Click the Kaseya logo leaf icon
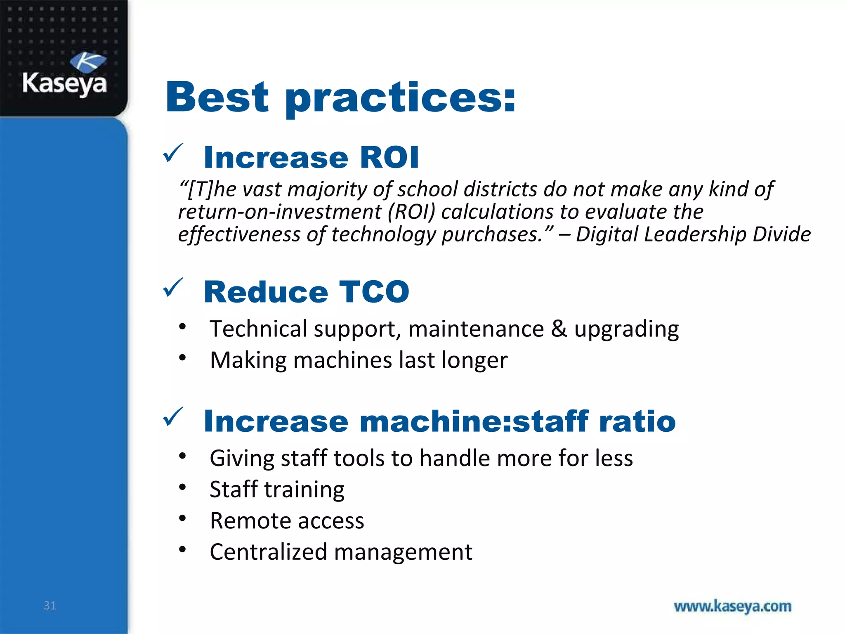88,62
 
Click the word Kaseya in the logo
64,84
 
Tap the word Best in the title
217,98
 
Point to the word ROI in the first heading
389,158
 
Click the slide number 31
50,606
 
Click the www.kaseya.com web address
732,606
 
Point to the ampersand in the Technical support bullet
559,329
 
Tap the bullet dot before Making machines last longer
182,357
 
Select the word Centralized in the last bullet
268,552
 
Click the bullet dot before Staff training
182,487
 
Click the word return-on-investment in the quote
279,212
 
